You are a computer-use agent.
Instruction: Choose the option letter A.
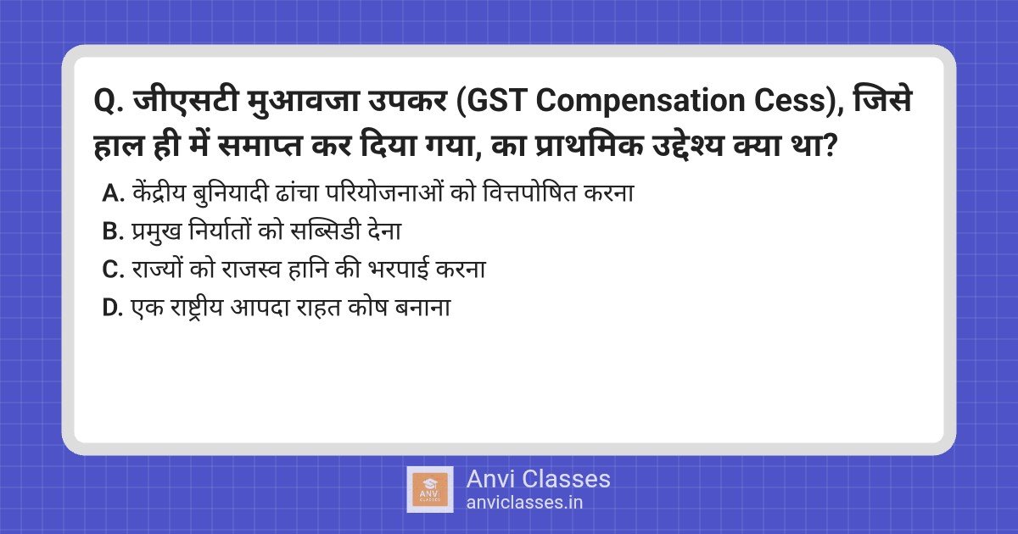(x=113, y=194)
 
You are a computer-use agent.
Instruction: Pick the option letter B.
(x=113, y=231)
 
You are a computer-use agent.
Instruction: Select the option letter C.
(x=113, y=270)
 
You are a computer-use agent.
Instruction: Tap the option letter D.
(x=113, y=308)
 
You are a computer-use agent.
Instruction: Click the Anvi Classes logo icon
(x=430, y=489)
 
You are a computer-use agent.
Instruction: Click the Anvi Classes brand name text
(x=538, y=479)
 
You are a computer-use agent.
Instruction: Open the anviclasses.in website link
(x=524, y=502)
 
